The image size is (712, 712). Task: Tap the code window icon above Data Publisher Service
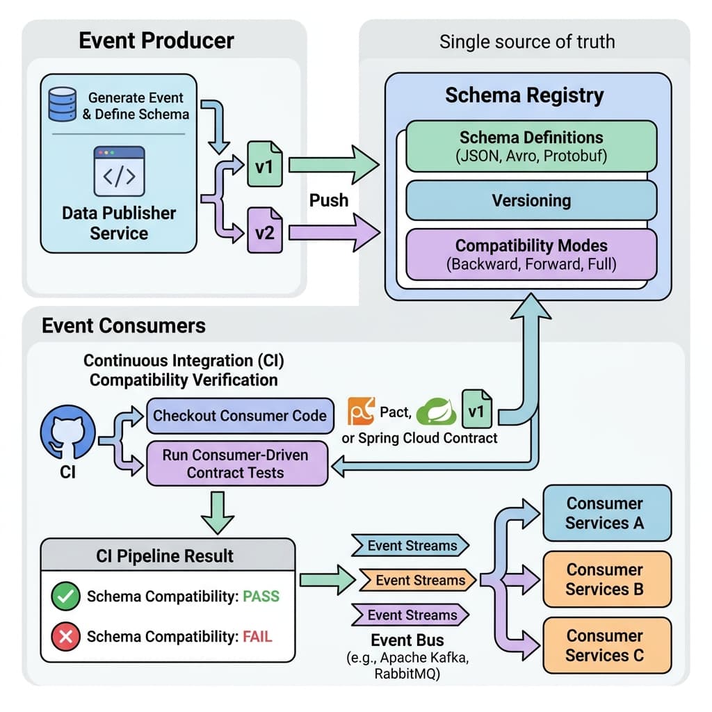coord(119,171)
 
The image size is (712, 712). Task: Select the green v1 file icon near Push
coord(265,165)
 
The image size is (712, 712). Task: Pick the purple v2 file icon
coord(265,231)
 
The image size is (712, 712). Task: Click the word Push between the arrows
coord(328,200)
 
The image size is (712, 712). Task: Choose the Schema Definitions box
coord(531,146)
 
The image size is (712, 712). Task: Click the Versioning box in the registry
coord(531,201)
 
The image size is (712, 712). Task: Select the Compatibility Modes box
coord(531,254)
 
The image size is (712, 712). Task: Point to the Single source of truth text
coord(526,42)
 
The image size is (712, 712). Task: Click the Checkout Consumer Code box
coord(239,416)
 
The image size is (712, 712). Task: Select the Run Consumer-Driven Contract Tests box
coord(236,464)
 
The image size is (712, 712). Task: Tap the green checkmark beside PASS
coord(65,597)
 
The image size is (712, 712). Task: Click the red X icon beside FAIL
coord(65,636)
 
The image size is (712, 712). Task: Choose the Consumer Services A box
coord(606,513)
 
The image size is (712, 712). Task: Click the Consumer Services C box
coord(606,645)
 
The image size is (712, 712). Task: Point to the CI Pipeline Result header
coord(165,556)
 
